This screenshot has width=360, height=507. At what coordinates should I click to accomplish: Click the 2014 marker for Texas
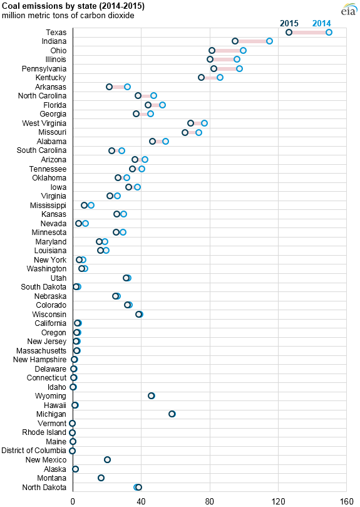coord(329,33)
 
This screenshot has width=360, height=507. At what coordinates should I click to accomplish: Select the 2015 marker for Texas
coord(289,33)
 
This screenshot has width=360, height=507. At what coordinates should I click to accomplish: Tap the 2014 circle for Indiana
coord(269,41)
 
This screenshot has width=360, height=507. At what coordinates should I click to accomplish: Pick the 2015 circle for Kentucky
coord(202,78)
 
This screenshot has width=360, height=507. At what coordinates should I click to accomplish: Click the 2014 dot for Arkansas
coord(127,86)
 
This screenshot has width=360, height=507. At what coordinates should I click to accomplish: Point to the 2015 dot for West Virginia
coord(191,123)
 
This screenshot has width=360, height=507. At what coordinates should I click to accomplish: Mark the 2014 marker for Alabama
coord(165,141)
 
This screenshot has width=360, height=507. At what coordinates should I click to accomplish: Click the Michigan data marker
coord(172,414)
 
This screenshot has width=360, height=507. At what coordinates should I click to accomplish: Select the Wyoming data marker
coord(152,396)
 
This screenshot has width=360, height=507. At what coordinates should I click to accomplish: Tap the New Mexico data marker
coord(107,460)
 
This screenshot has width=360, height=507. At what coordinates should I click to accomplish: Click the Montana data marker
coord(101,478)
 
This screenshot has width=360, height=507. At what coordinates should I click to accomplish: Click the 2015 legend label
coord(289,23)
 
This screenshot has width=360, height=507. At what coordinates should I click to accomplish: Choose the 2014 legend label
coord(322,23)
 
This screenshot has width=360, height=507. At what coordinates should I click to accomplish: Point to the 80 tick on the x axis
coord(210,501)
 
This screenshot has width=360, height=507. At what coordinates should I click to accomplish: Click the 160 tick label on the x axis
coord(347,501)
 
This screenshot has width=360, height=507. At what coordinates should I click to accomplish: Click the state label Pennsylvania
coord(44,69)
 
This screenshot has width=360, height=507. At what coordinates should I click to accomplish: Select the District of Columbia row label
coord(34,451)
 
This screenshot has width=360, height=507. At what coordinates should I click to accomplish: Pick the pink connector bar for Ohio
coord(227,50)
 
